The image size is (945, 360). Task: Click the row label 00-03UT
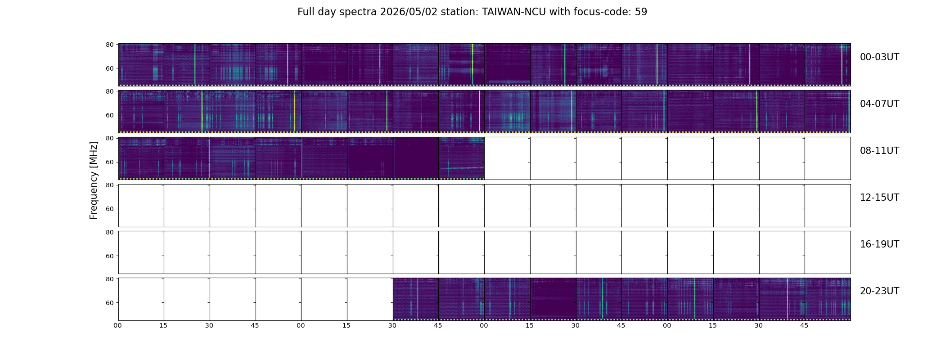879,57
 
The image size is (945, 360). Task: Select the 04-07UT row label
879,104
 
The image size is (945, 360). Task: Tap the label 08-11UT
879,151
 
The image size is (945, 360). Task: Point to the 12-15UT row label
879,198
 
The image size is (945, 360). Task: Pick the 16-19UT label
879,244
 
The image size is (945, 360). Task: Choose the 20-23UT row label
879,291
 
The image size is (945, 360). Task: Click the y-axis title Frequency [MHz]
94,180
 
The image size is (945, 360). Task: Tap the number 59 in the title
641,12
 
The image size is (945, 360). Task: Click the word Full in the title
305,12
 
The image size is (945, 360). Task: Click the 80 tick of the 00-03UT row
110,45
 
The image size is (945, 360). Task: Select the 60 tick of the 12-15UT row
110,209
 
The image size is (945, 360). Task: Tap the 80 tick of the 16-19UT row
110,232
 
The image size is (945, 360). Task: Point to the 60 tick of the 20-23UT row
110,303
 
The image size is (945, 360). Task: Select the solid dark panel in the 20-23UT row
553,299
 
